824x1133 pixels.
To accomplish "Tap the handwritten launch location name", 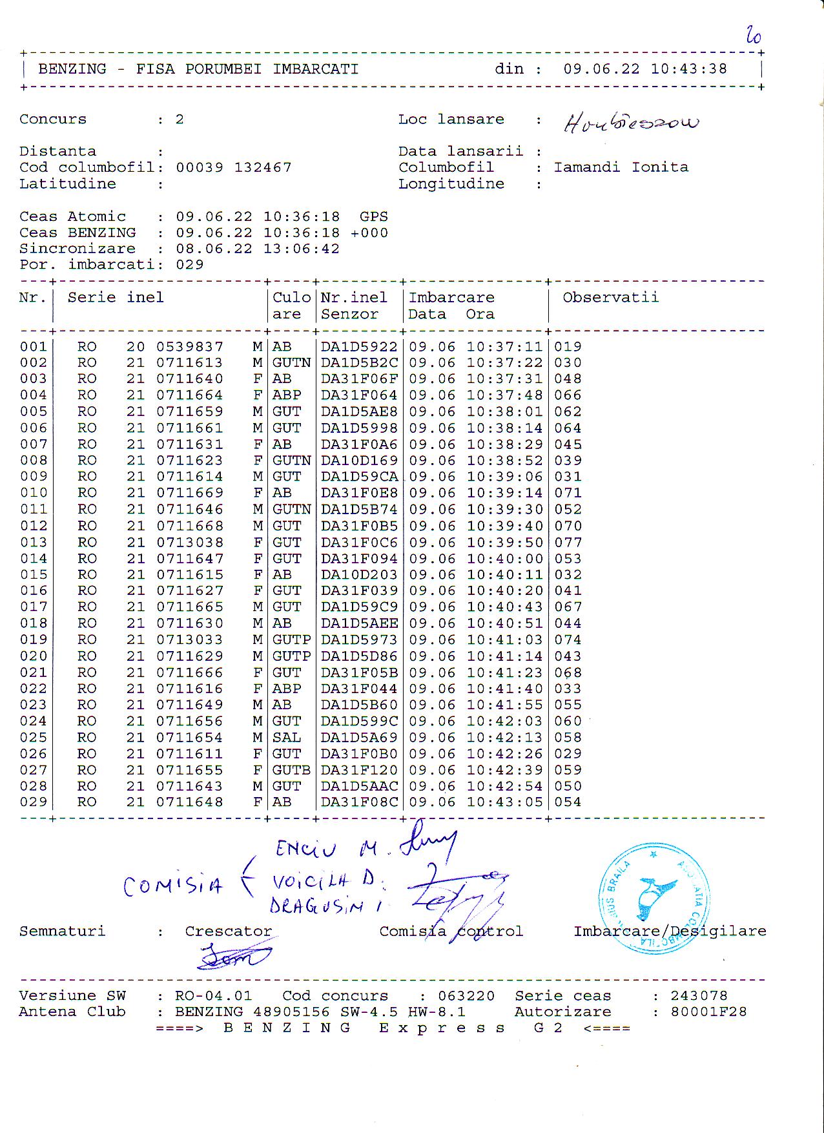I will (631, 123).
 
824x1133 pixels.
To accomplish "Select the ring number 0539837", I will (190, 347).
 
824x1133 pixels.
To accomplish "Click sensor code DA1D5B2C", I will (359, 363).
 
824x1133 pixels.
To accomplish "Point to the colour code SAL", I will (286, 738).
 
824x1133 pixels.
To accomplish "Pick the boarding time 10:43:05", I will (504, 802).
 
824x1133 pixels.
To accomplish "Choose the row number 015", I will (34, 575).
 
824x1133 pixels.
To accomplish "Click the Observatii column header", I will (610, 298).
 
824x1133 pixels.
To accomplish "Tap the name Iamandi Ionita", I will (621, 167).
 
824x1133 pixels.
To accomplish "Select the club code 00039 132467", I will (234, 167).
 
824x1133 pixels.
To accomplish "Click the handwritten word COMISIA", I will (172, 886).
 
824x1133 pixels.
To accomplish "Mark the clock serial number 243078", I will (699, 996).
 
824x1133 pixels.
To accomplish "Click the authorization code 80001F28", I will (708, 1012).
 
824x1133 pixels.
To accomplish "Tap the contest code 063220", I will (466, 996).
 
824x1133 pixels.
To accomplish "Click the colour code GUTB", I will (291, 770).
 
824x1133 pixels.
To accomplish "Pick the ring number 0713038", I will (190, 543).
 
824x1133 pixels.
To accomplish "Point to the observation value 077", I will (568, 543).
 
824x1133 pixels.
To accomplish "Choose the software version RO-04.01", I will (213, 996).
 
